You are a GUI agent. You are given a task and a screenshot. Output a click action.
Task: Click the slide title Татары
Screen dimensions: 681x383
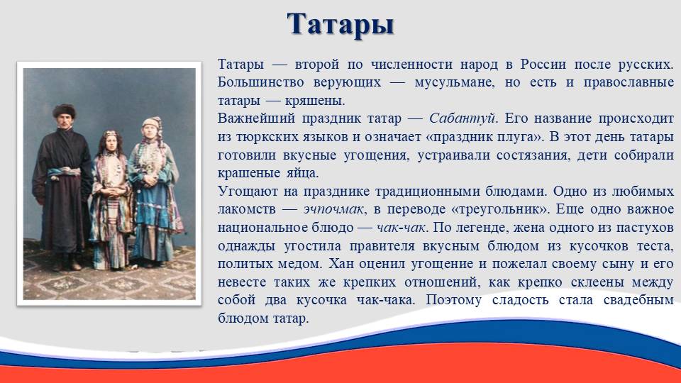point(340,25)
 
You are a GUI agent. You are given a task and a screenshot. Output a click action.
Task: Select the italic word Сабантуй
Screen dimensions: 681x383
point(463,118)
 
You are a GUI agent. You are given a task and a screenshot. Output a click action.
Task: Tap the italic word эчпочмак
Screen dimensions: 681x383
point(333,209)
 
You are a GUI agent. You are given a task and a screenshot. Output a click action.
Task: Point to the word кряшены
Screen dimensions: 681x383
point(314,101)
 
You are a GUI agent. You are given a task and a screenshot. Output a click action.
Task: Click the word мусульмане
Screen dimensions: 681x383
point(454,82)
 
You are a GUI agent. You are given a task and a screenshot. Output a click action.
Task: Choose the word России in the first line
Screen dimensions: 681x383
point(543,65)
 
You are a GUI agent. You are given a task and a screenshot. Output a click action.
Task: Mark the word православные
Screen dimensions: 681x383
point(629,82)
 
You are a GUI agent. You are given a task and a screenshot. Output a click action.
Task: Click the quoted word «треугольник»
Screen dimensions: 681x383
point(499,209)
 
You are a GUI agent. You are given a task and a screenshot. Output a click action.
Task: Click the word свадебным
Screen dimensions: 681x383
point(638,300)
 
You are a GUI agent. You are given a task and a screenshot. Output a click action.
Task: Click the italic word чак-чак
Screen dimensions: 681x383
point(402,228)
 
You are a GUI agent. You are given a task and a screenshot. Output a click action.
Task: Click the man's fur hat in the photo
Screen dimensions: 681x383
point(65,111)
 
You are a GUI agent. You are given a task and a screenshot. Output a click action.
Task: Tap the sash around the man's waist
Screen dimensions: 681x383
point(64,172)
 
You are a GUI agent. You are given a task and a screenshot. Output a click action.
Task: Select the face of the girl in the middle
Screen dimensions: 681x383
point(111,141)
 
